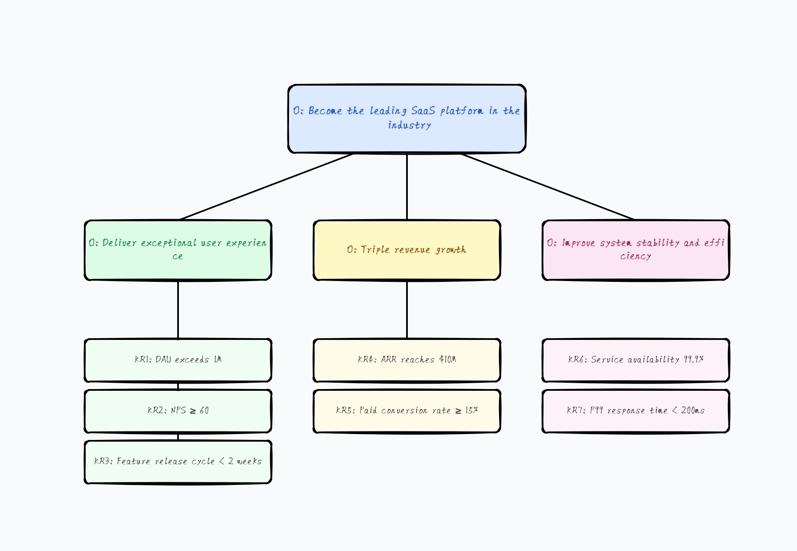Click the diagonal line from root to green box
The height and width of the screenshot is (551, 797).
point(266,186)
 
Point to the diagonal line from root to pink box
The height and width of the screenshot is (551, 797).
point(547,186)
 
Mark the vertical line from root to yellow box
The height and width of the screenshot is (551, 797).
point(407,186)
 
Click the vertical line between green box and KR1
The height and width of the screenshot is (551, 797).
point(178,309)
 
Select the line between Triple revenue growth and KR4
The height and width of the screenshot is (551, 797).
point(407,309)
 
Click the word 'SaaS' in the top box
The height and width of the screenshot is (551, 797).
point(423,111)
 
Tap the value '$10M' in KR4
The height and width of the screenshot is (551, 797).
point(448,359)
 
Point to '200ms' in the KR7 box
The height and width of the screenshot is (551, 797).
point(693,410)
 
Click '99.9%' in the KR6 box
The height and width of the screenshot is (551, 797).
point(694,359)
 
